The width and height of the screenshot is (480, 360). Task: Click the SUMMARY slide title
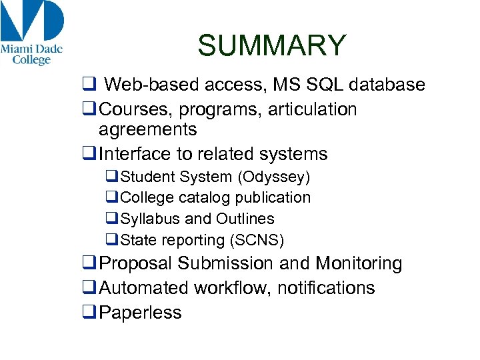point(272,46)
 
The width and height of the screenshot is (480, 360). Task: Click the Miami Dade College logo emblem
point(32,21)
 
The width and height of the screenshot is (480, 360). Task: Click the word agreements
point(147,129)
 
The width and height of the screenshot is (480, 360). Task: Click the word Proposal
point(136,264)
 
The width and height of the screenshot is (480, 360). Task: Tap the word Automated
point(144,288)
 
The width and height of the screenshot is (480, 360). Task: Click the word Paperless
point(140,313)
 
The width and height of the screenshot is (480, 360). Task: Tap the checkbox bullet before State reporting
point(112,240)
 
